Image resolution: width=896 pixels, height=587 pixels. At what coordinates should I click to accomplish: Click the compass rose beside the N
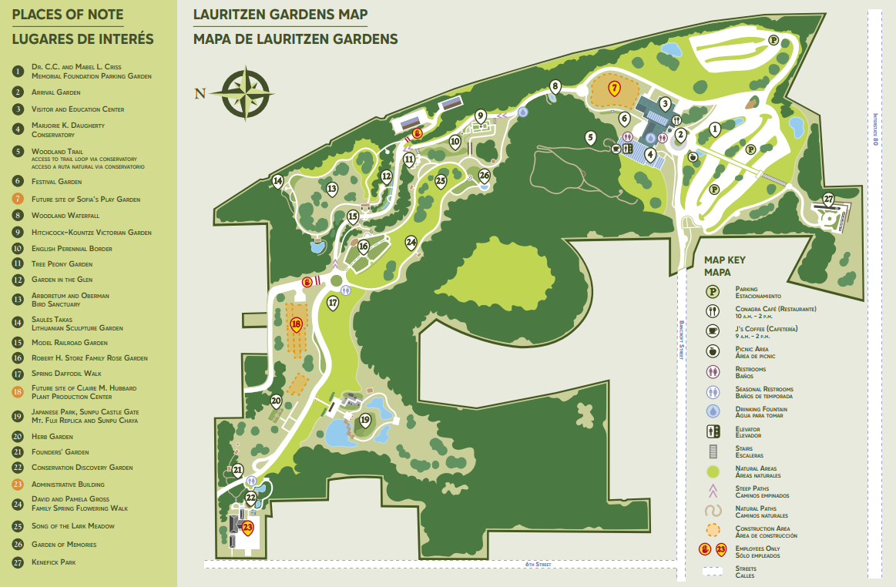pyautogui.click(x=246, y=93)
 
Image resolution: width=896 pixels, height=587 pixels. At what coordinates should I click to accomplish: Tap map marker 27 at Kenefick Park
pyautogui.click(x=828, y=200)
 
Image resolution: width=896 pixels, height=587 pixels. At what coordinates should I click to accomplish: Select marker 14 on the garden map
pyautogui.click(x=278, y=182)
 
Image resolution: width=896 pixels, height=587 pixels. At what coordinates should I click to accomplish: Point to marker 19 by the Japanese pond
pyautogui.click(x=365, y=421)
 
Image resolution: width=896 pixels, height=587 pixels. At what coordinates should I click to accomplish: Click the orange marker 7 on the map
pyautogui.click(x=614, y=88)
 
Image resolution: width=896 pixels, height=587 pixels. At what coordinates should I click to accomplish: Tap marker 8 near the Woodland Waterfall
pyautogui.click(x=555, y=86)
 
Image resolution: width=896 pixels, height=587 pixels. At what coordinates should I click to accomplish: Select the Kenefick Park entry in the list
pyautogui.click(x=53, y=562)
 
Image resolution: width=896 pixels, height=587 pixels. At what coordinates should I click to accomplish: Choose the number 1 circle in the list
pyautogui.click(x=18, y=72)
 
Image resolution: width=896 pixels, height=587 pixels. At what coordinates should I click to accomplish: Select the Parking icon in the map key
pyautogui.click(x=713, y=292)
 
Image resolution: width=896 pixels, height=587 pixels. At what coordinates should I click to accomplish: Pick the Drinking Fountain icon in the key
pyautogui.click(x=713, y=412)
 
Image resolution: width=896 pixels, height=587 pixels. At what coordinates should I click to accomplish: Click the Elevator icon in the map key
pyautogui.click(x=713, y=432)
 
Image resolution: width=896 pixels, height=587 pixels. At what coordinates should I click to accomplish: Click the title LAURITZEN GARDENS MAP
pyautogui.click(x=280, y=15)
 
